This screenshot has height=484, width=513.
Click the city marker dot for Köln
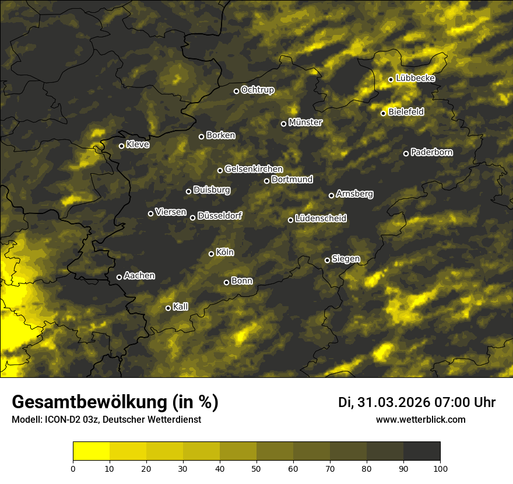[211, 254]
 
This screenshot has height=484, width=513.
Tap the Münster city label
[305, 122]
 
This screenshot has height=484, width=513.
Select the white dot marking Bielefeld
[383, 113]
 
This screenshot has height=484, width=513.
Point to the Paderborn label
[431, 152]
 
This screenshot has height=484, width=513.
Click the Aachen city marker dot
[119, 277]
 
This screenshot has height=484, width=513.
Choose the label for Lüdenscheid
[321, 218]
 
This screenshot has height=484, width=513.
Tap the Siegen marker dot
[327, 260]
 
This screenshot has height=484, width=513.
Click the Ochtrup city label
[257, 90]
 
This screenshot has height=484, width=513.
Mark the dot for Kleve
[121, 146]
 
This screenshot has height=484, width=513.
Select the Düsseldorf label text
[219, 216]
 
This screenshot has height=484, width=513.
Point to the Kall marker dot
[168, 308]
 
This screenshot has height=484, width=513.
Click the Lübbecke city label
[415, 78]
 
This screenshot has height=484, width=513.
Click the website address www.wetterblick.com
[420, 419]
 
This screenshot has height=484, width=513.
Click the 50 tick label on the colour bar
[256, 468]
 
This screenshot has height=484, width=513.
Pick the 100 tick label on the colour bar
[440, 468]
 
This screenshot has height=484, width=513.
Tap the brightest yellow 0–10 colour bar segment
[92, 451]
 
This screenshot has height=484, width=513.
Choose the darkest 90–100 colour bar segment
[421, 451]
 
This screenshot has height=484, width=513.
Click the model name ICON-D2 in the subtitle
[61, 420]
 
